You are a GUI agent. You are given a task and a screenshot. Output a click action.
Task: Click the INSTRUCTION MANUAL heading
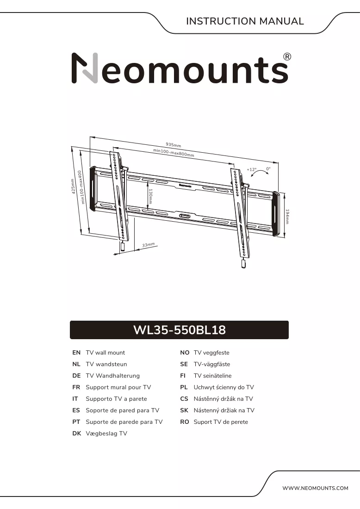pyautogui.click(x=245, y=21)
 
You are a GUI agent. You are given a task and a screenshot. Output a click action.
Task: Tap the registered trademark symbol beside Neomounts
pyautogui.click(x=287, y=57)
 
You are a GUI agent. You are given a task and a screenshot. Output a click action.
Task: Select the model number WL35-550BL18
pyautogui.click(x=180, y=330)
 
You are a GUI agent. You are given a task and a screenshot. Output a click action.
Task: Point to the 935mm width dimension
pyautogui.click(x=174, y=145)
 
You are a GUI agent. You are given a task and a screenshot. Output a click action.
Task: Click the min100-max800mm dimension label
pyautogui.click(x=174, y=153)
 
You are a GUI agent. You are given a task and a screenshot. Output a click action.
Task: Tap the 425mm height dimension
pyautogui.click(x=74, y=186)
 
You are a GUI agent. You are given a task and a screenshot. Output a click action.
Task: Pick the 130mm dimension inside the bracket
pyautogui.click(x=151, y=196)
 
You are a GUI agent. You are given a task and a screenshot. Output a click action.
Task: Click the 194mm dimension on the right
pyautogui.click(x=287, y=217)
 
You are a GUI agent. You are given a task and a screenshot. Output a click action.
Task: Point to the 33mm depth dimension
pyautogui.click(x=149, y=245)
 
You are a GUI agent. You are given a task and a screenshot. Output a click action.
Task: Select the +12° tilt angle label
pyautogui.click(x=252, y=169)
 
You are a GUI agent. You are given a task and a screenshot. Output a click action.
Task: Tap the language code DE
pyautogui.click(x=77, y=376)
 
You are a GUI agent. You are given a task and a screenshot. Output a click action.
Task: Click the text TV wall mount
pyautogui.click(x=105, y=353)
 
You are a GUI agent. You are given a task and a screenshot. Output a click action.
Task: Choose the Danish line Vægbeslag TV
pyautogui.click(x=106, y=434)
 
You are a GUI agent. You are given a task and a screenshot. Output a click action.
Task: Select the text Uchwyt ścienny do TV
pyautogui.click(x=223, y=387)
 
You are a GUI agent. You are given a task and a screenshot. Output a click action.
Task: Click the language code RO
pyautogui.click(x=184, y=422)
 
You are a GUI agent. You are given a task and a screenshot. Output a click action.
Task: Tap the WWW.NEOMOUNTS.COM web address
pyautogui.click(x=315, y=488)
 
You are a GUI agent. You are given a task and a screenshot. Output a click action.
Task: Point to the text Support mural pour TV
pyautogui.click(x=118, y=387)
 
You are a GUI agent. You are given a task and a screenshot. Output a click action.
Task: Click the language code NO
pyautogui.click(x=185, y=353)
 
